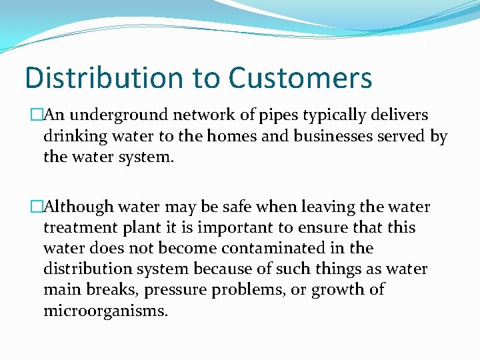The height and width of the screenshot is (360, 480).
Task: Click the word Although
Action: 77,207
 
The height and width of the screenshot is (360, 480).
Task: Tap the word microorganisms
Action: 105,311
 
